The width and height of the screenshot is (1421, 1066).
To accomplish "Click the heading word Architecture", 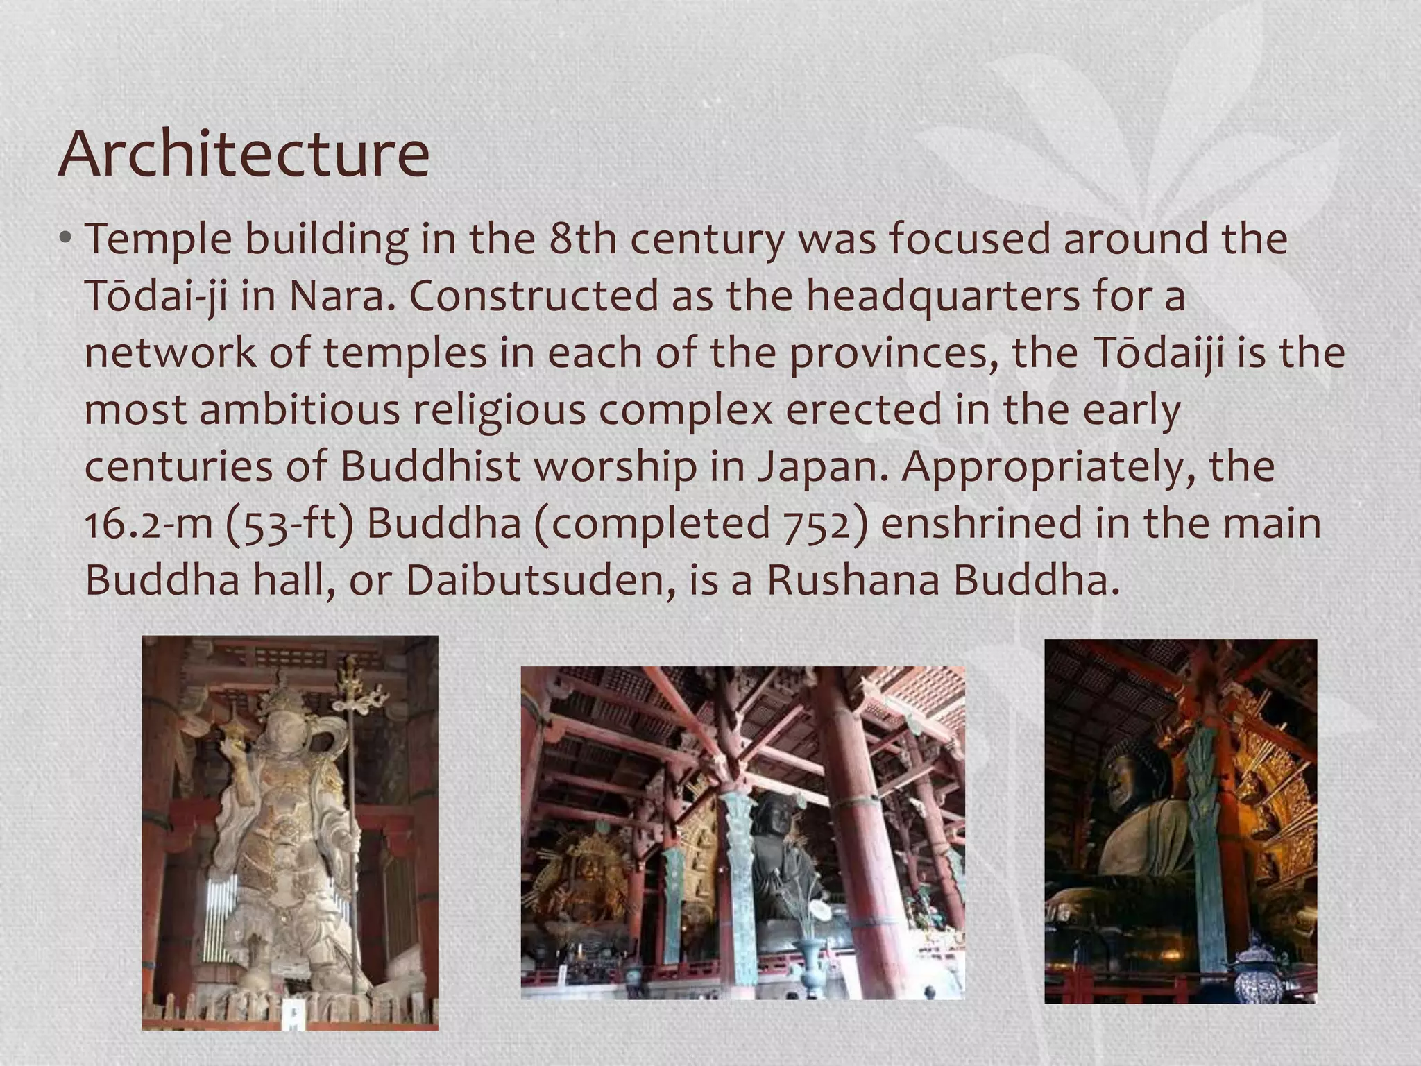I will coord(244,154).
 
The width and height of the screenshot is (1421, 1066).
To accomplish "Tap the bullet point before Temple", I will coord(65,239).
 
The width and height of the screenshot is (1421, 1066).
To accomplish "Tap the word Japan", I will coord(822,466).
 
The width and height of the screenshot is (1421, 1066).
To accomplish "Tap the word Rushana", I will coord(853,580).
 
